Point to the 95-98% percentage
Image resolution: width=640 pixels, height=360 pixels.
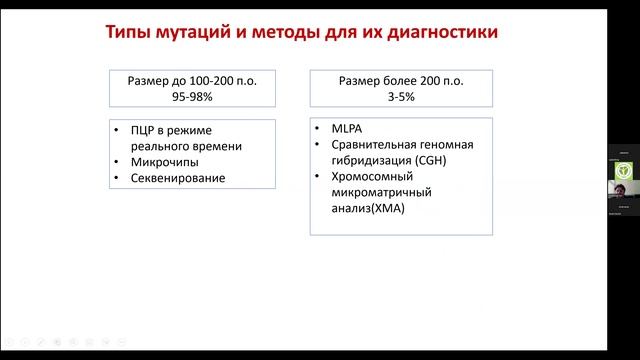coord(192,97)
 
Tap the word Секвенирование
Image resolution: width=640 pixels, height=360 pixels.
coord(178,178)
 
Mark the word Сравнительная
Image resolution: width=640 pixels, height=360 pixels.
coord(370,146)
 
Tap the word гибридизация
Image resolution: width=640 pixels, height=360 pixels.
coord(364,162)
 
